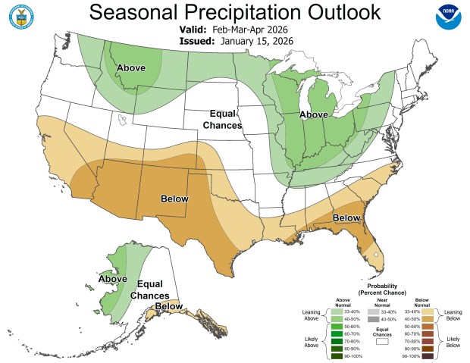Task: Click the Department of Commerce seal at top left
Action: [x=20, y=19]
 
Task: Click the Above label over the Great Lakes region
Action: [x=314, y=114]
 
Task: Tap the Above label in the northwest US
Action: [x=130, y=69]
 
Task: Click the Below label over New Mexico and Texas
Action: [x=174, y=199]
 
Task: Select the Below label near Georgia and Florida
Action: [x=346, y=218]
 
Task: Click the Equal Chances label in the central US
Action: [x=225, y=119]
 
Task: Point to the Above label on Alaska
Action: [x=111, y=278]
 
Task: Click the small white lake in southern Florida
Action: [x=374, y=255]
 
